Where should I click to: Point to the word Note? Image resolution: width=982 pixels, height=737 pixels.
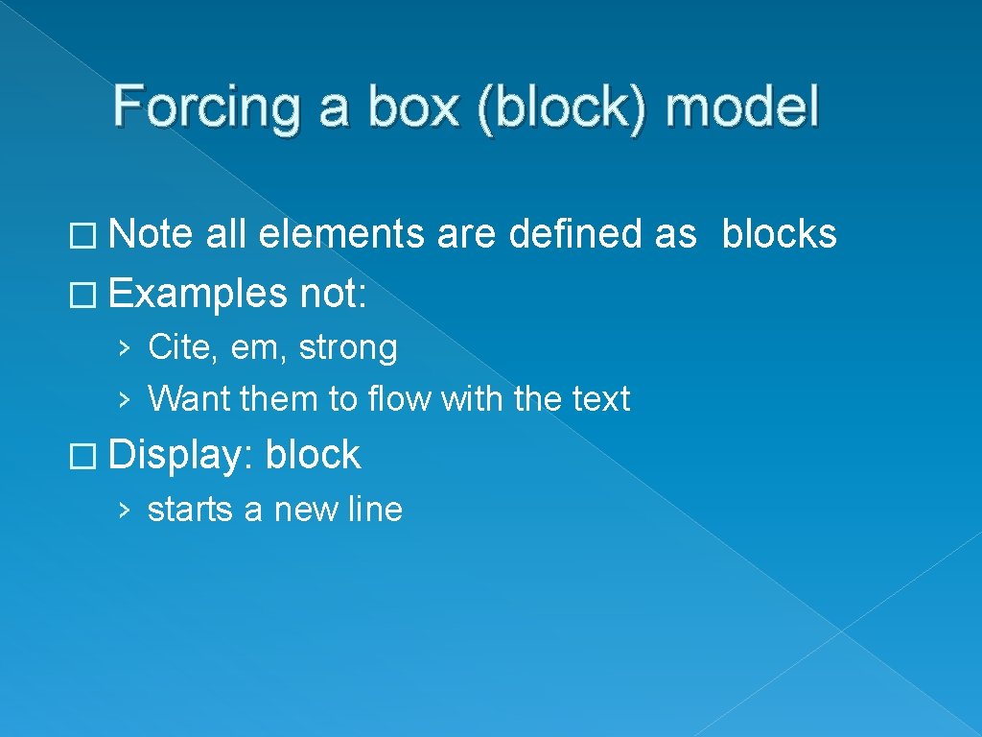coord(152,234)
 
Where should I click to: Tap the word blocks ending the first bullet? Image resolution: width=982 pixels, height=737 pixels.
coord(779,234)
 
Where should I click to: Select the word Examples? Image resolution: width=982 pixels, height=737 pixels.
coord(199,293)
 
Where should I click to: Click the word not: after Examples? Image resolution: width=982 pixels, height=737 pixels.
coord(333,293)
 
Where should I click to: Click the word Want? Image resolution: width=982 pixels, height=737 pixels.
coord(190,398)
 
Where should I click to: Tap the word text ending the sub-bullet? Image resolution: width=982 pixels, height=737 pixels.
coord(601,398)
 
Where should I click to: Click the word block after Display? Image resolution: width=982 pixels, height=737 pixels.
coord(313,454)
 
